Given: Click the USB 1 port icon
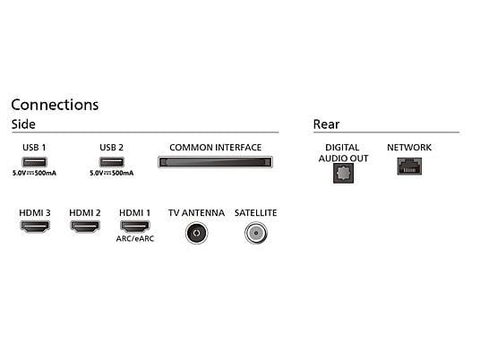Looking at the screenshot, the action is (x=35, y=161).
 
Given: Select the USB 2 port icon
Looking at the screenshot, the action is (x=112, y=161).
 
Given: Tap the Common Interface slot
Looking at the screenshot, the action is (x=215, y=162).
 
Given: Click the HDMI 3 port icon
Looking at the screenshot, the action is (x=35, y=227).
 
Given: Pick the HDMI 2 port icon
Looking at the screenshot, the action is (x=85, y=227).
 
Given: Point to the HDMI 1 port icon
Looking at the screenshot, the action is (x=134, y=227).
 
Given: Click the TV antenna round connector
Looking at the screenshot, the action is (x=196, y=233).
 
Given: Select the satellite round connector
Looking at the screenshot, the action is (x=256, y=233).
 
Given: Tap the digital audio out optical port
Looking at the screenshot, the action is (x=344, y=173).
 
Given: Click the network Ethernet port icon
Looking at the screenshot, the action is (x=409, y=167).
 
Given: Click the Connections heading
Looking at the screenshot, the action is (x=55, y=105).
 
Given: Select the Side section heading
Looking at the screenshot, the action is (x=23, y=124).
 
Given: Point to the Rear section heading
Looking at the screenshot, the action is (x=326, y=124).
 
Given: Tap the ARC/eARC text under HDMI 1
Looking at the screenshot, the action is (x=135, y=239).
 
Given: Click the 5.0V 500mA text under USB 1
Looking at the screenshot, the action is (x=34, y=173).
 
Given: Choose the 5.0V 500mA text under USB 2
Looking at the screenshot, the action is (x=111, y=173).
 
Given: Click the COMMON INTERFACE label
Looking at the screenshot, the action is (x=216, y=148).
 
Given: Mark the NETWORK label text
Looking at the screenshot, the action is (x=409, y=148).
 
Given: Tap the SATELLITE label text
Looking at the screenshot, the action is (x=256, y=213).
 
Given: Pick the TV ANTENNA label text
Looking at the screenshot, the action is (x=196, y=213).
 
